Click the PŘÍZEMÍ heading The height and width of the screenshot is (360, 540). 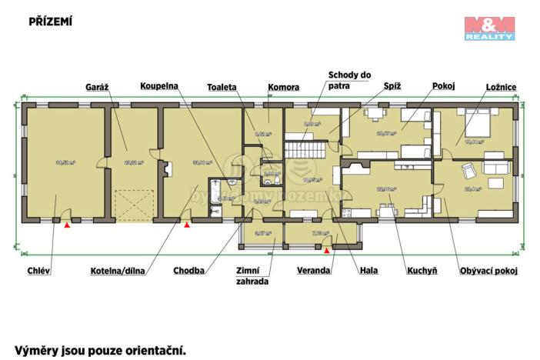[x=51, y=22]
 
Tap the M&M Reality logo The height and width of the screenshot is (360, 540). [x=489, y=28]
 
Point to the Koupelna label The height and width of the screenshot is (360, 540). [x=160, y=87]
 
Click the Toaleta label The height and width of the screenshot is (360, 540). [x=221, y=87]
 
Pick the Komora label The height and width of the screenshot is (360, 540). [x=283, y=87]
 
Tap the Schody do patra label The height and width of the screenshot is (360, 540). [x=349, y=80]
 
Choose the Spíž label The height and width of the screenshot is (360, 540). [x=392, y=87]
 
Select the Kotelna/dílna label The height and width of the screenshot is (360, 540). [x=118, y=271]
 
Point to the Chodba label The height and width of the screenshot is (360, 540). [x=189, y=271]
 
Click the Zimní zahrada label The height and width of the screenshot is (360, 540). [x=252, y=276]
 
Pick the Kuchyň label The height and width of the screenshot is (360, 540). [x=423, y=271]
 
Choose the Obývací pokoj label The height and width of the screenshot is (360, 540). [x=488, y=271]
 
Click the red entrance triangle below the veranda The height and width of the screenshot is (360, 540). [x=327, y=250]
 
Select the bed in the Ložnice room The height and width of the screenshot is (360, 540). [x=472, y=122]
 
